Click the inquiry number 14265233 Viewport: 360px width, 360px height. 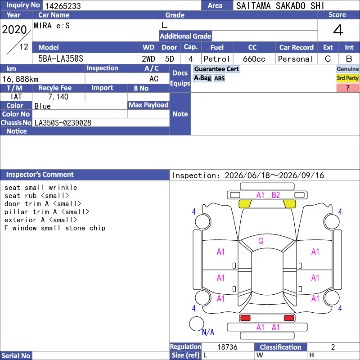63,6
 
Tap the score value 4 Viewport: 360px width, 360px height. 338,30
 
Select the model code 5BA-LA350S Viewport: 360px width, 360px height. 61,59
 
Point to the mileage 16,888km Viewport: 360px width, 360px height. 20,79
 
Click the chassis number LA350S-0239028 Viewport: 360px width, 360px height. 63,123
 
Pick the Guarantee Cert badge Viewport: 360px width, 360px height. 216,69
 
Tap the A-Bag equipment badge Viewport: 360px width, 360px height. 202,78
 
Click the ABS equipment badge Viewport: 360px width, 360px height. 219,78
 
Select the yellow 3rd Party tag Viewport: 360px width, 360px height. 347,78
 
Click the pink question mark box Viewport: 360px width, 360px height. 347,88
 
